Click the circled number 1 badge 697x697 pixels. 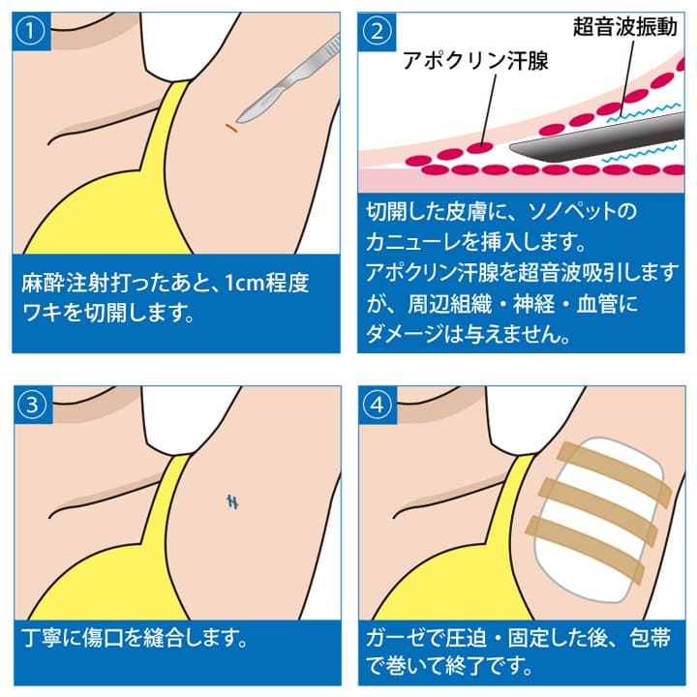pyautogui.click(x=30, y=31)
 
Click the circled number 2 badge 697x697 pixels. pyautogui.click(x=377, y=31)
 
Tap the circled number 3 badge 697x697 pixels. pyautogui.click(x=32, y=405)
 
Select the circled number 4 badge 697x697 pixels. pyautogui.click(x=378, y=405)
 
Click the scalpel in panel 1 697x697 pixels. pyautogui.click(x=288, y=79)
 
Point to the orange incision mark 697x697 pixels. pyautogui.click(x=231, y=128)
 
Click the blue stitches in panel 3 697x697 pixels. pyautogui.click(x=232, y=501)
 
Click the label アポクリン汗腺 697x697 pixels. pyautogui.click(x=475, y=60)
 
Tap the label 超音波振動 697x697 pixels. pyautogui.click(x=625, y=27)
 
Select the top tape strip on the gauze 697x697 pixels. pyautogui.click(x=614, y=474)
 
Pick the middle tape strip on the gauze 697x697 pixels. pyautogui.click(x=598, y=511)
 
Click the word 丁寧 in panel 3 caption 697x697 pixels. pyautogui.click(x=42, y=637)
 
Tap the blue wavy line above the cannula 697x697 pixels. pyautogui.click(x=644, y=112)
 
